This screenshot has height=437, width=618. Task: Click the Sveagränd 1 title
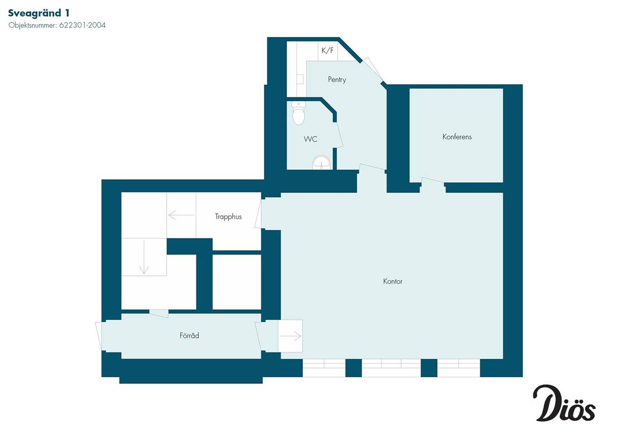pos(39,13)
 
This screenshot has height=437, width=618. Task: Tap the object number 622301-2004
pos(82,25)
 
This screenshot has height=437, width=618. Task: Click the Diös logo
pos(564,407)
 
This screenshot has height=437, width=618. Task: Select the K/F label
pos(327,51)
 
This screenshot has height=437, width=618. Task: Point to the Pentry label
pos(337,80)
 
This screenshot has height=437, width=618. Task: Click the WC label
pos(311,139)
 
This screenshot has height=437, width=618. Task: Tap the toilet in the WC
pos(298,113)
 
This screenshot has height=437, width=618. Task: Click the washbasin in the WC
pos(321,163)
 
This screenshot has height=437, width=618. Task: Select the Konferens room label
pos(457,137)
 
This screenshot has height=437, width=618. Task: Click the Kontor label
pos(393,282)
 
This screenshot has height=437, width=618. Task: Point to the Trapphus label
pos(228,217)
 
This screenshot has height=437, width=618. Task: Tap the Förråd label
pos(189,336)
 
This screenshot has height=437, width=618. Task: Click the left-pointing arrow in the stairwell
pos(181,215)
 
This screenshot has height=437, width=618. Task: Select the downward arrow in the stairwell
pos(144,257)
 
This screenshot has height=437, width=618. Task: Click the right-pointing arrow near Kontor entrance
pos(290,336)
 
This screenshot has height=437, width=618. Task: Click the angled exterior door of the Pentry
pos(372,69)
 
